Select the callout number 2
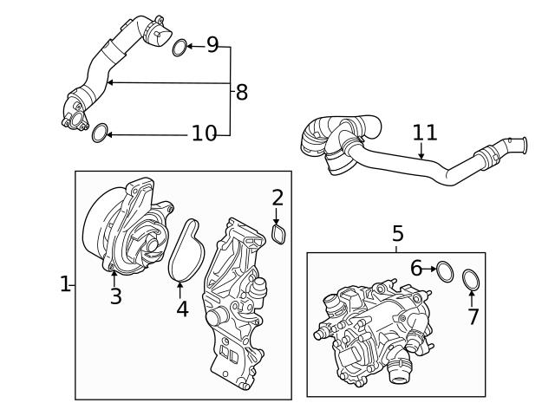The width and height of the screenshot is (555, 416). (277, 198)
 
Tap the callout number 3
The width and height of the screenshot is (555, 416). (115, 296)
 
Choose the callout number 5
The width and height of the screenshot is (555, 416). (397, 233)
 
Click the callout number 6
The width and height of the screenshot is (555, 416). (416, 270)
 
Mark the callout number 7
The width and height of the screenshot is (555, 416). (473, 316)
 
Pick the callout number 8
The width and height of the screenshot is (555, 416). (241, 91)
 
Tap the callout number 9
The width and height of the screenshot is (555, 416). (212, 45)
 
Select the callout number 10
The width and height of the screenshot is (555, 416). (204, 133)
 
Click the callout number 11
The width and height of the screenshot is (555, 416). (425, 133)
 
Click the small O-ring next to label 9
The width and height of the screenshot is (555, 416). (179, 47)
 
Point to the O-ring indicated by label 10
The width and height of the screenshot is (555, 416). (101, 133)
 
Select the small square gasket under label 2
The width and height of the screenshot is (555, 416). (280, 234)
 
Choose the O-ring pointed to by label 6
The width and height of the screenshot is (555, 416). (444, 270)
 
